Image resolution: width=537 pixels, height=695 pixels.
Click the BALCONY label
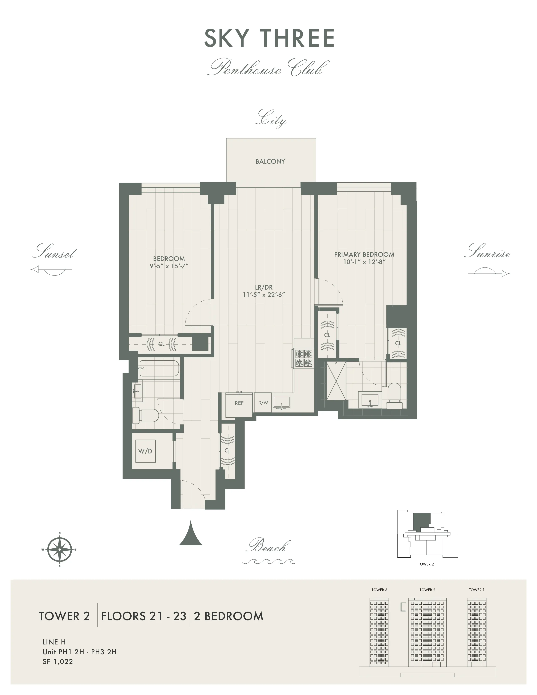pyautogui.click(x=270, y=161)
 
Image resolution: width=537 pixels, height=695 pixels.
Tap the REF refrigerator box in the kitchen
pyautogui.click(x=239, y=403)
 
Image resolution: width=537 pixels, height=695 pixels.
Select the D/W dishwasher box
pyautogui.click(x=263, y=403)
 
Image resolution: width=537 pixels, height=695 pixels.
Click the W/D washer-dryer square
pyautogui.click(x=145, y=451)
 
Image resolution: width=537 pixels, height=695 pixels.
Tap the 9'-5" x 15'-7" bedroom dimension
pyautogui.click(x=169, y=266)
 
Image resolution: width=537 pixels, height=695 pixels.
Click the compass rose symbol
pyautogui.click(x=59, y=549)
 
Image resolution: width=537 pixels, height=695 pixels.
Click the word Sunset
pyautogui.click(x=54, y=252)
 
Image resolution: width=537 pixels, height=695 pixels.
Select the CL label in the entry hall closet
pyautogui.click(x=227, y=451)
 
